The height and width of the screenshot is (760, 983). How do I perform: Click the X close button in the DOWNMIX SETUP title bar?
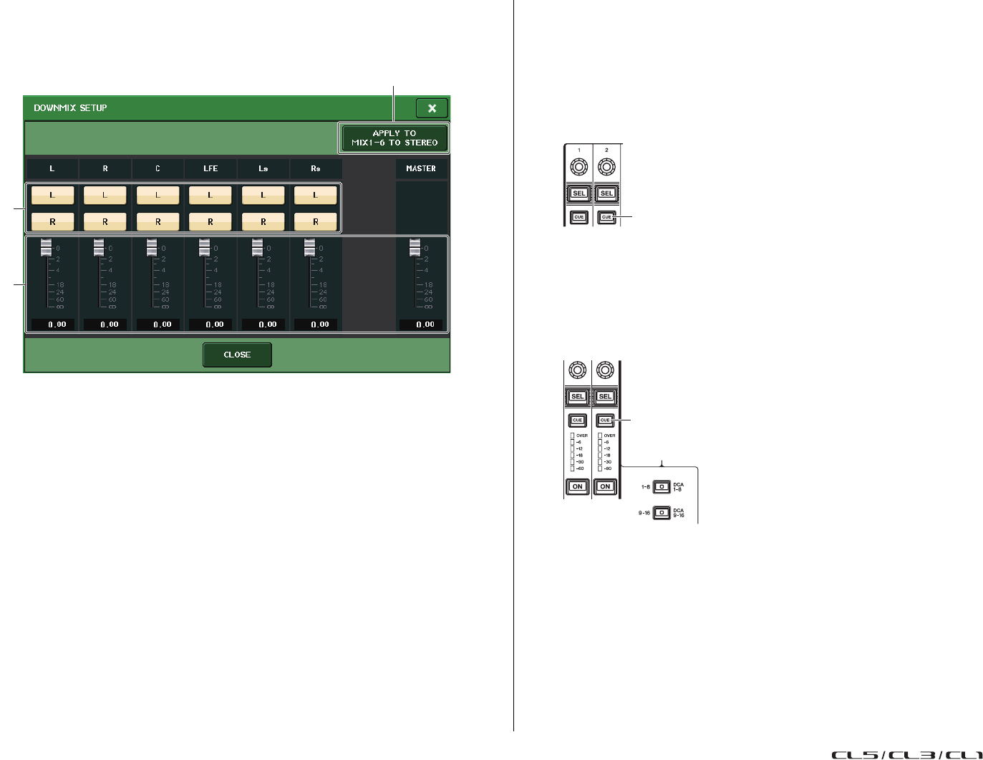432,108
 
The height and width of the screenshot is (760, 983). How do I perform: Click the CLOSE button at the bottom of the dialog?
237,355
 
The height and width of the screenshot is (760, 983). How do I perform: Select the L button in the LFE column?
210,195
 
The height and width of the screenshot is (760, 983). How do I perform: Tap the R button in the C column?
158,222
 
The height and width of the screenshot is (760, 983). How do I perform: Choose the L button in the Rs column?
315,195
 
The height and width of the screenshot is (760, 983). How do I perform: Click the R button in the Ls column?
263,222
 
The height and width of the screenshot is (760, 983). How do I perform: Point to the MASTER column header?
421,168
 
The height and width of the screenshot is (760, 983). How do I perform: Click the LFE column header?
210,168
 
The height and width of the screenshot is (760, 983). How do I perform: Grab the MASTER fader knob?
415,248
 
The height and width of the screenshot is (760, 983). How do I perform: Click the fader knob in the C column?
152,248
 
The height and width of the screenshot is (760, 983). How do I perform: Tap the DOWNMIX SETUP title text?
70,108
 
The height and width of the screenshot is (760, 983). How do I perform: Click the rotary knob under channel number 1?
578,168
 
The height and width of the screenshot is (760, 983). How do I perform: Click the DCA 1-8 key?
662,487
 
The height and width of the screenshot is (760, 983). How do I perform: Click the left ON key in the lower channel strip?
577,487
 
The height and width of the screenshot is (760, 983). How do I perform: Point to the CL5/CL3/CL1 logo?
906,754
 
